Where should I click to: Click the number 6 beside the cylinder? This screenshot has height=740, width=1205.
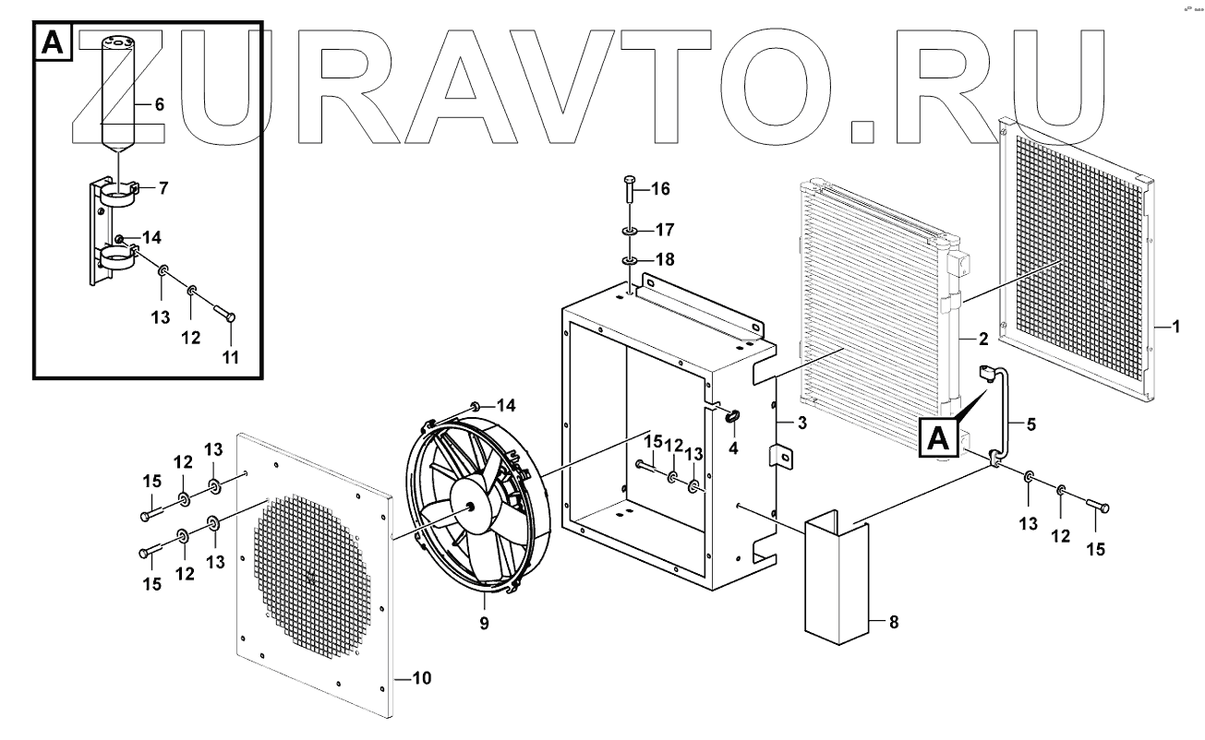point(159,105)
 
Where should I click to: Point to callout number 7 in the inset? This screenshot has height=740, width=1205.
point(163,188)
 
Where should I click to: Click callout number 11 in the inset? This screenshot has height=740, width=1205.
point(230,356)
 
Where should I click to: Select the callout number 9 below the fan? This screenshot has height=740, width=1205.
point(485,623)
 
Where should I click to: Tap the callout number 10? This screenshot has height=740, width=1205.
point(420,678)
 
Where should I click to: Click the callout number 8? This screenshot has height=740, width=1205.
point(893,623)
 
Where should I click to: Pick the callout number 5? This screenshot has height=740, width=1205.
point(1031,425)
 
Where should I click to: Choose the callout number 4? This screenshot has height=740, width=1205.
point(734,448)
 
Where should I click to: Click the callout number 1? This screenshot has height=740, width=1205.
point(1175,327)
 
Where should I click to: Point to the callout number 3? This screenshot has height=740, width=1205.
point(801,423)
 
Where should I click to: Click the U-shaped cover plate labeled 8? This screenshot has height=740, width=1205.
point(837,581)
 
